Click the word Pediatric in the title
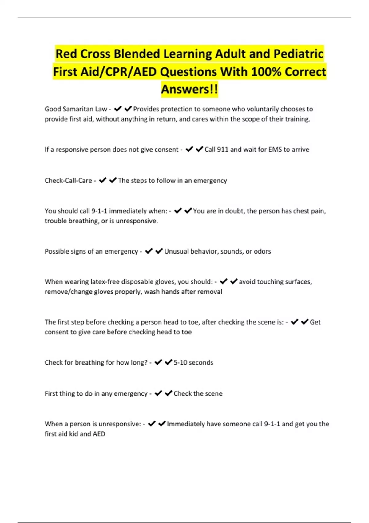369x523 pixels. pos(298,54)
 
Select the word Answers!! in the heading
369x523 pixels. pos(189,89)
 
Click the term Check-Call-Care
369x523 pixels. pos(68,181)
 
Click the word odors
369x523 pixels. pos(262,251)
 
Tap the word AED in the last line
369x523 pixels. pos(99,434)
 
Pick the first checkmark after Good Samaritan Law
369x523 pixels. pos(117,109)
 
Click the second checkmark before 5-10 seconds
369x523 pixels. pos(168,362)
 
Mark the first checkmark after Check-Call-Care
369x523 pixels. pos(103,180)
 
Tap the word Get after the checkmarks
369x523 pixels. pos(315,322)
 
